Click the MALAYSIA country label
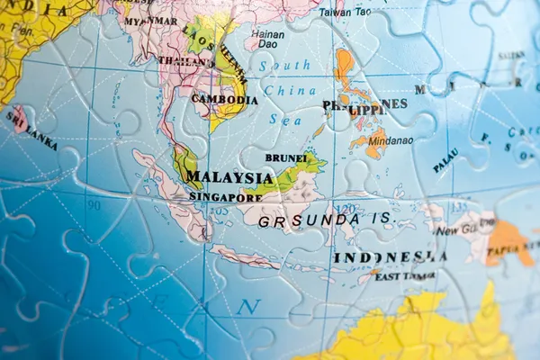pyautogui.click(x=229, y=178)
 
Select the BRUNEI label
pyautogui.click(x=285, y=158)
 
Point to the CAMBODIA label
pyautogui.click(x=226, y=100)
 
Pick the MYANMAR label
pyautogui.click(x=150, y=21)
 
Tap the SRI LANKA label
pyautogui.click(x=31, y=131)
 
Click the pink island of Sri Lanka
pyautogui.click(x=19, y=120)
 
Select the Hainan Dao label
pyautogui.click(x=267, y=39)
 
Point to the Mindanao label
pyautogui.click(x=390, y=140)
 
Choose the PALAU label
pyautogui.click(x=445, y=161)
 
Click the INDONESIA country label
pyautogui.click(x=390, y=257)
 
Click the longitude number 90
pyautogui.click(x=94, y=205)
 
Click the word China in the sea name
pyautogui.click(x=290, y=91)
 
